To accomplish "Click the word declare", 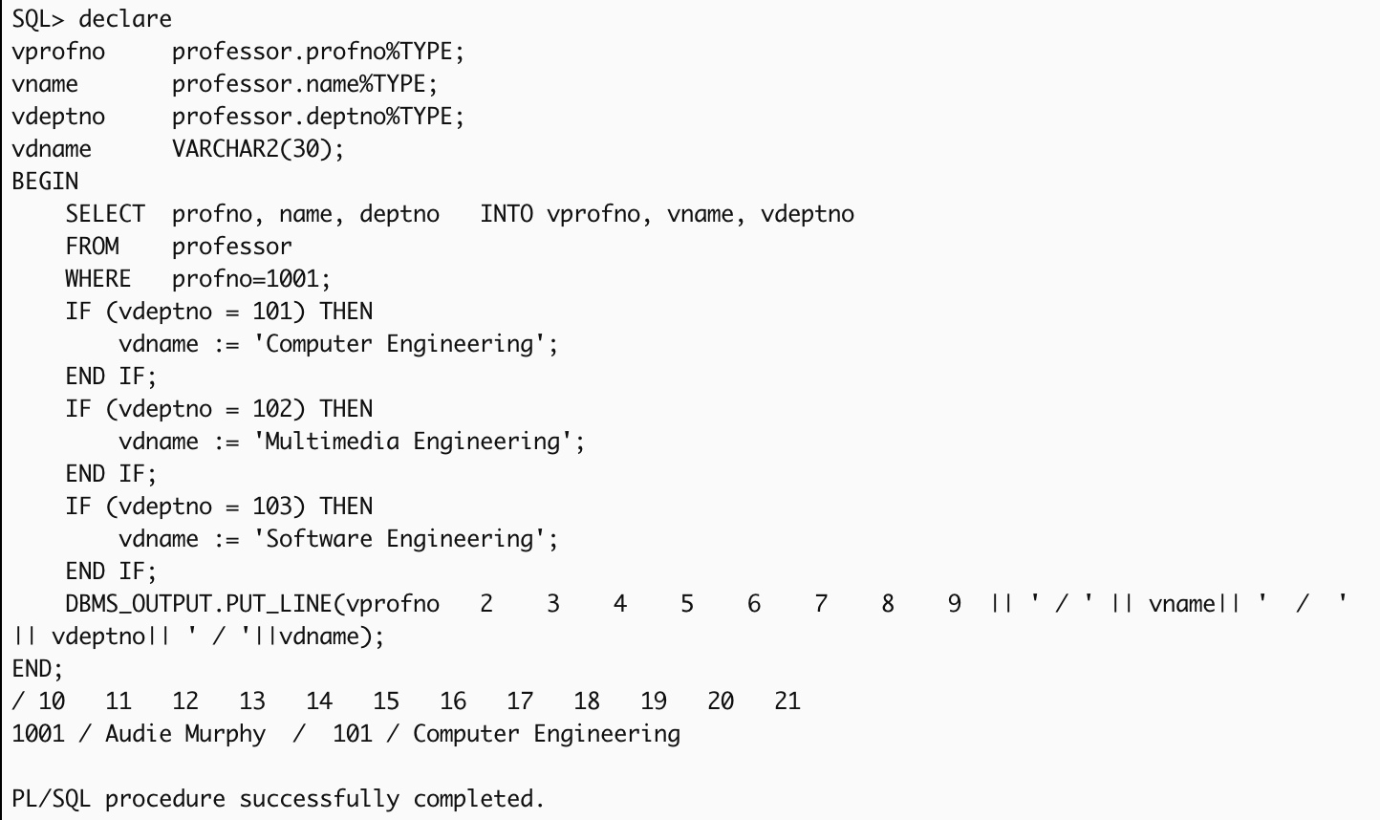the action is coord(125,19).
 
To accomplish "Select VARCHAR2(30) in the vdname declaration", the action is coord(257,149).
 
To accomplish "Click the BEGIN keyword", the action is coord(45,182).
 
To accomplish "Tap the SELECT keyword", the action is coord(105,214).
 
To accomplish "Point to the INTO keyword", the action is coord(507,214).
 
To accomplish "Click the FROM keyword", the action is coord(92,247).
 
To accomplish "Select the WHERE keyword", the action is coord(97,279).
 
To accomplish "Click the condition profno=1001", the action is coord(250,279).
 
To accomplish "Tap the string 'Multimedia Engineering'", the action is coord(419,442).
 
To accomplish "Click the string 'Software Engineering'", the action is coord(405,539).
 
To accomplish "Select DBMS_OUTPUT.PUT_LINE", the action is coord(198,604).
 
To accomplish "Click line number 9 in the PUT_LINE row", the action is coord(954,604).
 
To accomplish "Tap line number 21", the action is coord(787,701).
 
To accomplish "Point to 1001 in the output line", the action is coord(38,734).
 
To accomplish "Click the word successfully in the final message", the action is coord(319,799).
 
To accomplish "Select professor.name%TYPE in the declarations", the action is coord(304,84).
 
